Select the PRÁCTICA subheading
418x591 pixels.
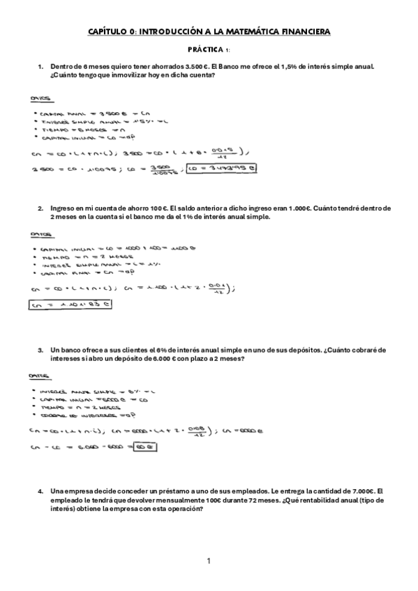pos(206,50)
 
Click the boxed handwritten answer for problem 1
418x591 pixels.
pos(225,167)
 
